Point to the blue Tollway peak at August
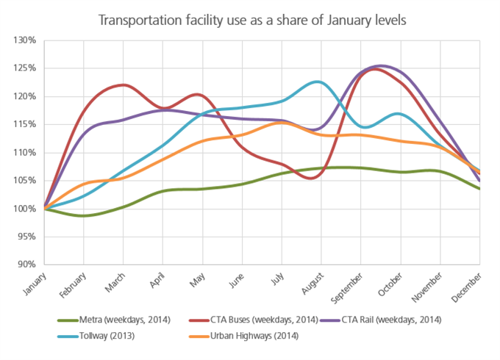(317, 82)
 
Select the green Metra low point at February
(82, 215)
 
